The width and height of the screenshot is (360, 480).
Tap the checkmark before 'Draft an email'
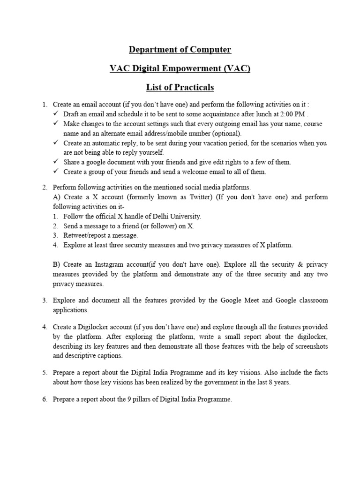55,114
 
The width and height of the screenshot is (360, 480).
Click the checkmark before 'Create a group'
55,172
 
